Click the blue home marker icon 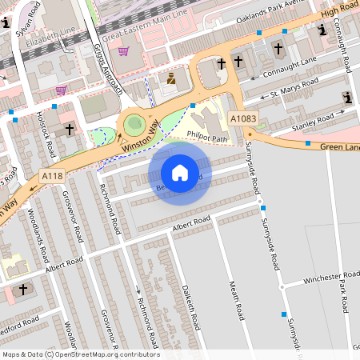click(x=180, y=172)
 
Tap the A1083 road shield click(x=243, y=118)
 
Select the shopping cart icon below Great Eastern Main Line click(x=123, y=51)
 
